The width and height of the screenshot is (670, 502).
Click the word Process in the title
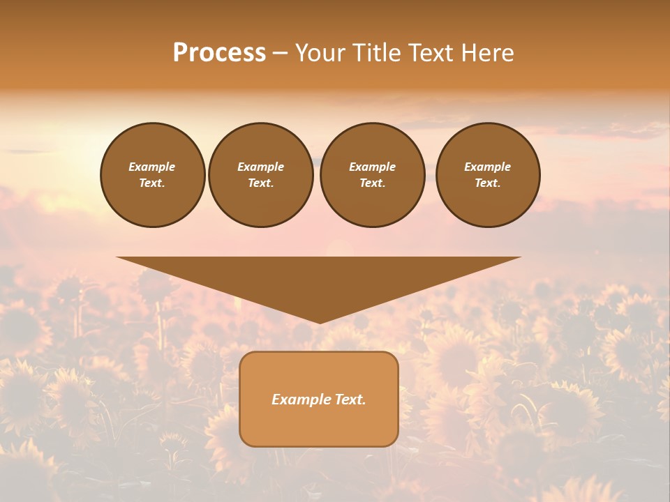pyautogui.click(x=219, y=53)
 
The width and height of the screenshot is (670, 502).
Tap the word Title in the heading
pyautogui.click(x=375, y=53)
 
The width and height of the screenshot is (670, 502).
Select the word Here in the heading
pyautogui.click(x=487, y=53)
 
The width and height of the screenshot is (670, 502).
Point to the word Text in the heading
pyautogui.click(x=430, y=53)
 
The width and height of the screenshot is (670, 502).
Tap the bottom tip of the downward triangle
pyautogui.click(x=320, y=321)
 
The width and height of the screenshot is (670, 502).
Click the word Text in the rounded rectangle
pyautogui.click(x=350, y=400)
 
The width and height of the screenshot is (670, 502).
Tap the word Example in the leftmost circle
pyautogui.click(x=152, y=167)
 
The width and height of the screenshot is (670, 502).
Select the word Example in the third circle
pyautogui.click(x=372, y=167)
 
